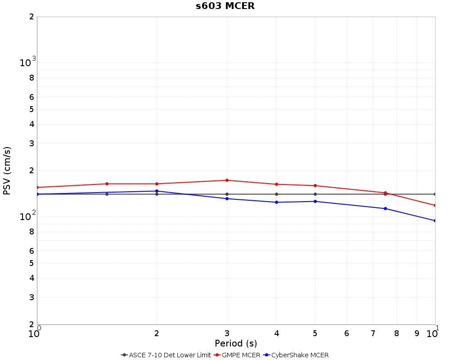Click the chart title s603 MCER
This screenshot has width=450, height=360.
tap(225, 6)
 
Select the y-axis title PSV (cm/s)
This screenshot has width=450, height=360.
tap(7, 171)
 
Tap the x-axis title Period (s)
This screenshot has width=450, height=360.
tap(236, 344)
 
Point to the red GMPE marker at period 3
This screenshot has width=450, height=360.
tap(227, 180)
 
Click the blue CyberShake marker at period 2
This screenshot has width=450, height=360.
tap(157, 191)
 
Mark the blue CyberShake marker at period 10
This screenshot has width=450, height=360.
tap(435, 221)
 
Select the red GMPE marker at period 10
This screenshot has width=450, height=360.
tap(435, 206)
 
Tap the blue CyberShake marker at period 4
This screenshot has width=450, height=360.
tap(276, 202)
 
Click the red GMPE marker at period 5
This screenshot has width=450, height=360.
tap(315, 186)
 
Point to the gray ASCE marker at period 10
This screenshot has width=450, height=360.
tap(435, 194)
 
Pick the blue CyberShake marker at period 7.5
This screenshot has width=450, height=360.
tap(385, 209)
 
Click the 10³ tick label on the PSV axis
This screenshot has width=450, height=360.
tap(27, 63)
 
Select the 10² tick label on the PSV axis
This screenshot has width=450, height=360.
tap(27, 216)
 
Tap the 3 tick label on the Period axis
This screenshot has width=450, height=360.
tap(227, 333)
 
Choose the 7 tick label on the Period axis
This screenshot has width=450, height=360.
tap(373, 333)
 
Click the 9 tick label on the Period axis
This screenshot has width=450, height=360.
tap(417, 333)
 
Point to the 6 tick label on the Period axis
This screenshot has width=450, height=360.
tap(346, 333)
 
